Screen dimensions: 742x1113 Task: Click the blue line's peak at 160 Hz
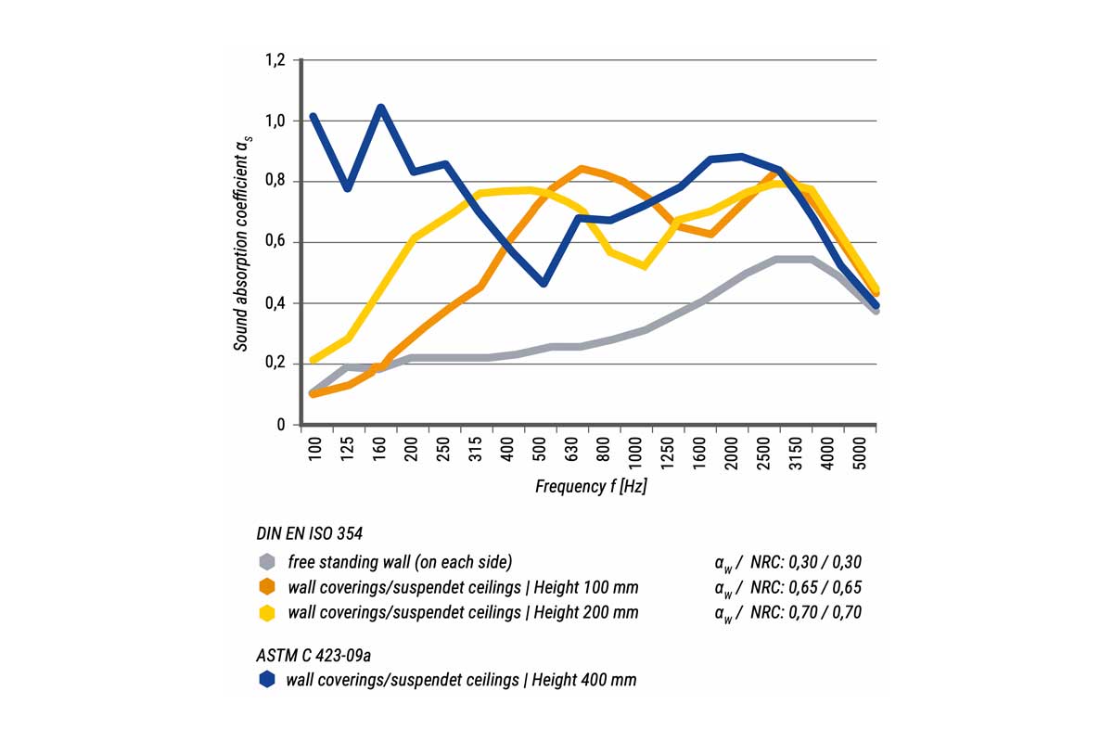click(380, 108)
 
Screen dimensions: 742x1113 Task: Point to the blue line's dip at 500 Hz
click(544, 283)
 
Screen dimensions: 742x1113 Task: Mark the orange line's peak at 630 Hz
click(582, 169)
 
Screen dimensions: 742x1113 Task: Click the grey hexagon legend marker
click(267, 561)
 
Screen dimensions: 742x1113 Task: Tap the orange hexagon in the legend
click(267, 587)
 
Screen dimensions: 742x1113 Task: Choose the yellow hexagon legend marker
click(267, 612)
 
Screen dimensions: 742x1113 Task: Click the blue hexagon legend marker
click(267, 680)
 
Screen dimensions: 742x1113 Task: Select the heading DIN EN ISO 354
click(309, 533)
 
